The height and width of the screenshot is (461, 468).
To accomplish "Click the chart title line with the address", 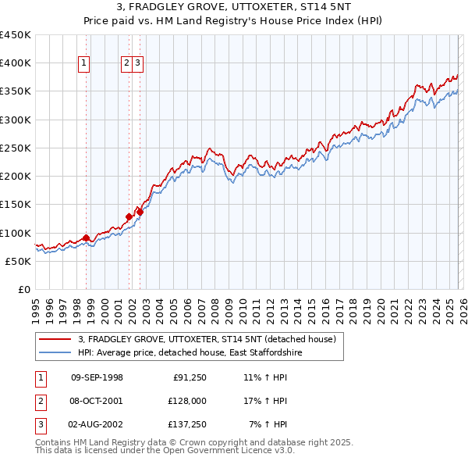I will (233, 7).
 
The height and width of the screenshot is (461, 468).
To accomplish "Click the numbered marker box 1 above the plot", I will (84, 64).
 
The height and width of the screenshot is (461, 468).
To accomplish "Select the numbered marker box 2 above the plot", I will (126, 64).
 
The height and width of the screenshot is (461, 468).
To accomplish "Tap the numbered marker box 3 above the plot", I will (137, 64).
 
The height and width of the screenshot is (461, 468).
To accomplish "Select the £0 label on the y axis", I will (25, 289).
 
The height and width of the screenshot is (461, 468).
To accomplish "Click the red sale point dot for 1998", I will (86, 238).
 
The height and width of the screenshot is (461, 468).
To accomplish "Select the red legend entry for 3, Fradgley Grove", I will (207, 339).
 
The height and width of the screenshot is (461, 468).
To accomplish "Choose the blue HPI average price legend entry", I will (190, 353).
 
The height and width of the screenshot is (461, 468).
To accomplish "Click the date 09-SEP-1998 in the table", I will (97, 377).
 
